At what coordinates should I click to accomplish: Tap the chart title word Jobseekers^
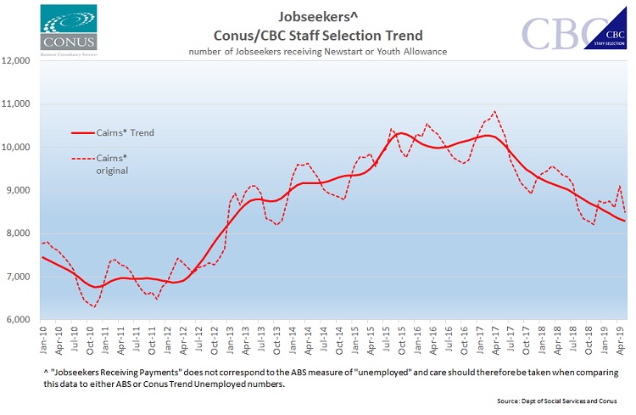point(317,16)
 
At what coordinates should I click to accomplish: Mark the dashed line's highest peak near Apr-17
point(494,111)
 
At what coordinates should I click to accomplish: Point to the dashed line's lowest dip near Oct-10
point(92,306)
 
